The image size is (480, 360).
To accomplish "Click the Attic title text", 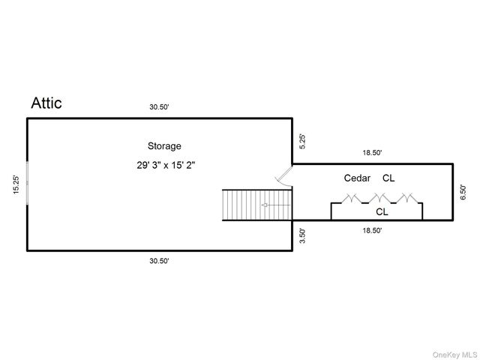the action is [x=46, y=103].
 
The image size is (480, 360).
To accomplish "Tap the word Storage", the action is [x=164, y=146].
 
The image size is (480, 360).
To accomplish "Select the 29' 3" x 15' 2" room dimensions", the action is [x=166, y=165].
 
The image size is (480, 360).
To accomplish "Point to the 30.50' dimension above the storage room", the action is [x=159, y=106].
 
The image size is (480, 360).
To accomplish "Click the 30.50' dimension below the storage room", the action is [x=159, y=261].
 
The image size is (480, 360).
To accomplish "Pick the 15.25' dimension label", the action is [x=16, y=184].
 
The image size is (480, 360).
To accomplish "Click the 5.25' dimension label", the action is [x=302, y=142].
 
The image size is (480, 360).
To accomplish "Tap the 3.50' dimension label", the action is [x=302, y=235].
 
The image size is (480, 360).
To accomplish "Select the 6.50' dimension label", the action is [x=463, y=192].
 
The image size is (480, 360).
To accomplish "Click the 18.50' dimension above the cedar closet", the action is [x=372, y=152].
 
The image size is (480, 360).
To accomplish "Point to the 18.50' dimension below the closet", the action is [x=372, y=230].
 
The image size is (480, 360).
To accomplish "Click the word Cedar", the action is [x=357, y=178].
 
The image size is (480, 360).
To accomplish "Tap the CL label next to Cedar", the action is [x=388, y=178].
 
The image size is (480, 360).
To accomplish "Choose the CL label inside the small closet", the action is [x=382, y=211].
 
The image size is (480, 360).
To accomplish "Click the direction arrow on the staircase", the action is [x=275, y=205].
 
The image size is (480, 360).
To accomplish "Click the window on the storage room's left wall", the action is [x=27, y=183].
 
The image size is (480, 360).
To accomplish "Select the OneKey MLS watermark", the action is [x=454, y=355].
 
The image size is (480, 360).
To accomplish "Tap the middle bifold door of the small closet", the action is [x=379, y=199].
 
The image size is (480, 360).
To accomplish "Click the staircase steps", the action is [x=257, y=205].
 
